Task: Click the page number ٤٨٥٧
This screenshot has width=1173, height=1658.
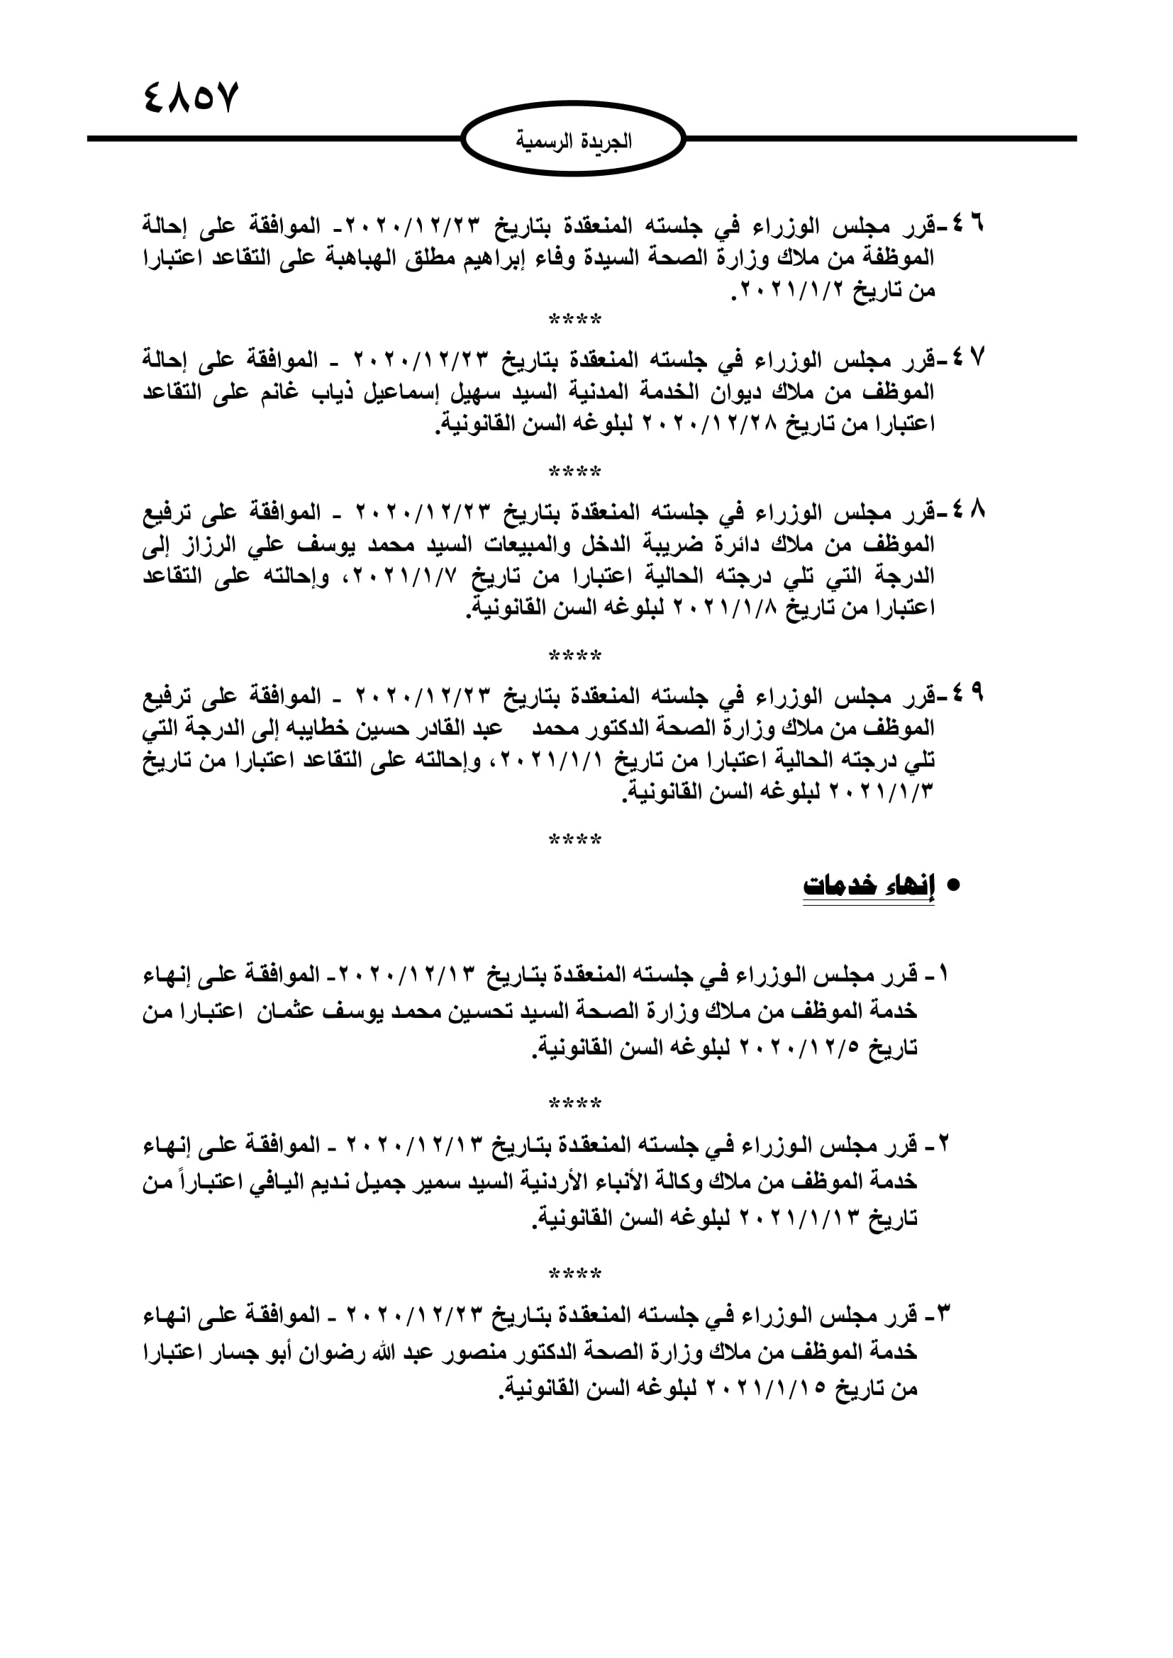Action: point(191,98)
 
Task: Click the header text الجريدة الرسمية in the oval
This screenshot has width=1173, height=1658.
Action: point(574,141)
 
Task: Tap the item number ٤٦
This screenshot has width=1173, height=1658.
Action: point(968,225)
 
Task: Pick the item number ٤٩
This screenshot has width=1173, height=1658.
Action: point(968,695)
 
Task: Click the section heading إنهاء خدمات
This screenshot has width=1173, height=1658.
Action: point(868,887)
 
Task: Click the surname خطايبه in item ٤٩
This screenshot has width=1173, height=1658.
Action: point(328,728)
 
